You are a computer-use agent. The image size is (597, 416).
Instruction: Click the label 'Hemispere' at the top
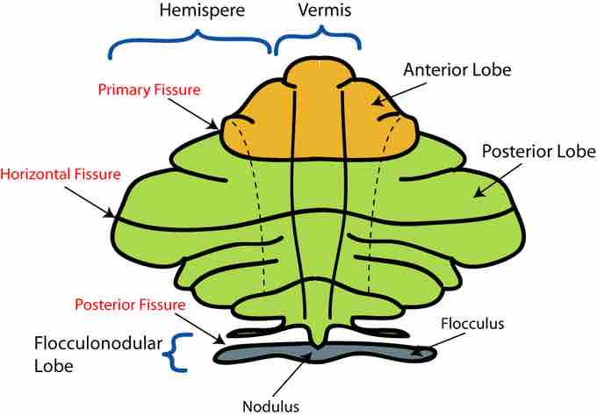pyautogui.click(x=202, y=11)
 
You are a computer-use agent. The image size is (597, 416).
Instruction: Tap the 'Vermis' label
pyautogui.click(x=325, y=10)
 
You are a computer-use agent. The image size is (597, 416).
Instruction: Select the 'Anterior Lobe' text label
pyautogui.click(x=457, y=69)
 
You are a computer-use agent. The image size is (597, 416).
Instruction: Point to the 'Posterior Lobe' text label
pyautogui.click(x=539, y=151)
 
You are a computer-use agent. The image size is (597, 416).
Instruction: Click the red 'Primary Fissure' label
pyautogui.click(x=149, y=90)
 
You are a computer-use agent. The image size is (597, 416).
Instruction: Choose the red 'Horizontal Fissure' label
pyautogui.click(x=61, y=175)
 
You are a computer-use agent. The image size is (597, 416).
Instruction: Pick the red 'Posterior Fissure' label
pyautogui.click(x=130, y=305)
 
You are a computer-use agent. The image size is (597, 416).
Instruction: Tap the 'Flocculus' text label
pyautogui.click(x=472, y=324)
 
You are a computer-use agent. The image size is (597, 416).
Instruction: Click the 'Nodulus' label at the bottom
pyautogui.click(x=270, y=406)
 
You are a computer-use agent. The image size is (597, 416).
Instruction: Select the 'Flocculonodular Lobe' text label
pyautogui.click(x=98, y=355)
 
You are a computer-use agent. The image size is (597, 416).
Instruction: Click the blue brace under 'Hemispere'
pyautogui.click(x=191, y=43)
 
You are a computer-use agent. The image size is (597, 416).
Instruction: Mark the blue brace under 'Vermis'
pyautogui.click(x=318, y=39)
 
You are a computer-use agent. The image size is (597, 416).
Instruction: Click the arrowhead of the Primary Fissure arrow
pyautogui.click(x=214, y=126)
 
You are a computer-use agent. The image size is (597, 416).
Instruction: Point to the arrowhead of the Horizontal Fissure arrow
pyautogui.click(x=110, y=214)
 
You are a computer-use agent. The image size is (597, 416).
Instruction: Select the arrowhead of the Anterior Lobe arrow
pyautogui.click(x=377, y=102)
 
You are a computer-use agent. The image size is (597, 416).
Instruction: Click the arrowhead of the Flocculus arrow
pyautogui.click(x=418, y=353)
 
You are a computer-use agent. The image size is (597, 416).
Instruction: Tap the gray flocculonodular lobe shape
pyautogui.click(x=325, y=353)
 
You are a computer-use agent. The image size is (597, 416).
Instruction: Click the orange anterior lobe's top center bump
pyautogui.click(x=320, y=73)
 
